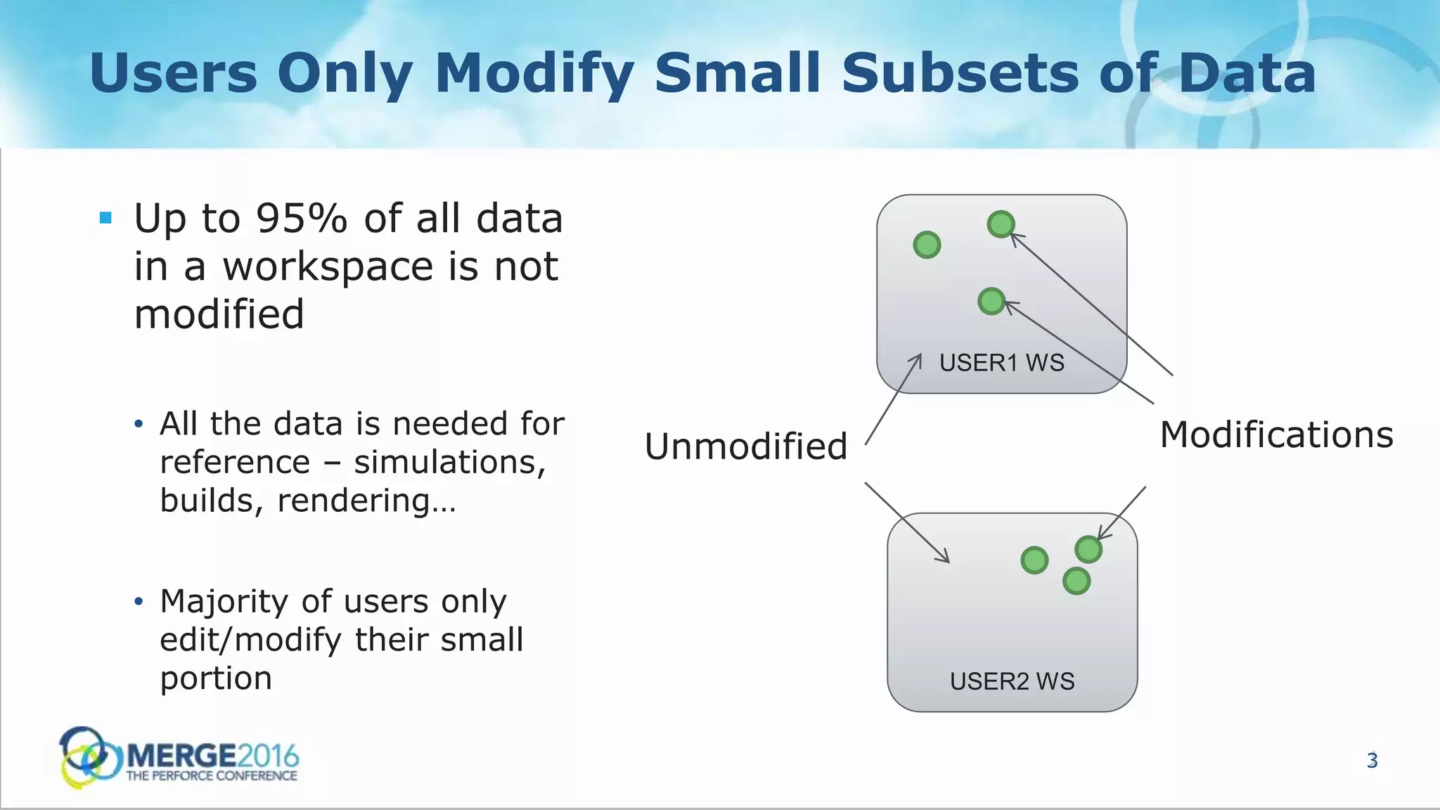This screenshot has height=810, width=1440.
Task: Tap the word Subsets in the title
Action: pos(960,74)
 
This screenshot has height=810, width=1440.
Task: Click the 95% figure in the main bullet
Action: pos(302,219)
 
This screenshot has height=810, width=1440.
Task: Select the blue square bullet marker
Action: pos(106,218)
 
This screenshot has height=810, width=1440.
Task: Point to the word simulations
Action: pos(449,462)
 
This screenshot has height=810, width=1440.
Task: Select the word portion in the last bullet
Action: pos(216,678)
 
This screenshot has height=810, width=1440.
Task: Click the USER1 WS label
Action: pos(1001,363)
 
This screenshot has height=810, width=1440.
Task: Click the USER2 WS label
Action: pos(1012,681)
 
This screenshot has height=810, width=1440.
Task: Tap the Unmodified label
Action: pos(745,446)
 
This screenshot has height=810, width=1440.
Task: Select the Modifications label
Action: pos(1276,435)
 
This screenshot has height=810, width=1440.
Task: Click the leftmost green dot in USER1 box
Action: pos(927,245)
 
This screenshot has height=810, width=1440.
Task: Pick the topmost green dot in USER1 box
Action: pos(1001,224)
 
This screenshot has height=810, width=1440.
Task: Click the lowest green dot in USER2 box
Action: pos(1076,581)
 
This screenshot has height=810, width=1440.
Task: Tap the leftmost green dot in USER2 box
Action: pos(1034,560)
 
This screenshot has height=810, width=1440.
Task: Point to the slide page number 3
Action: pos(1372,761)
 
